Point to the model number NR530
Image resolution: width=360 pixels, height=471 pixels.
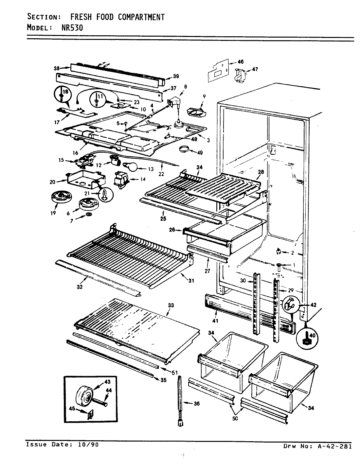coord(73,28)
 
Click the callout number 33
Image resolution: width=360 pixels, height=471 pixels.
coord(171,305)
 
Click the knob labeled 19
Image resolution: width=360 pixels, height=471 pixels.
coord(59,198)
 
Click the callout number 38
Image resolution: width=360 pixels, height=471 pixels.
coord(57,68)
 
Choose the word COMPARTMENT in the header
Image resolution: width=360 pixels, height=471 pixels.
coord(141,17)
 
